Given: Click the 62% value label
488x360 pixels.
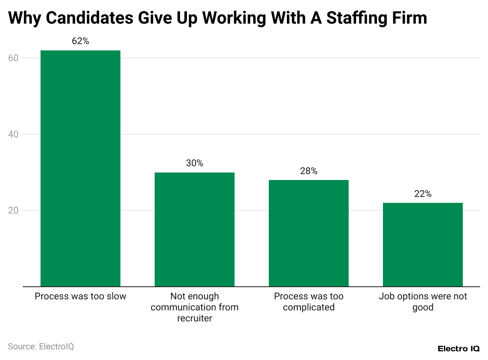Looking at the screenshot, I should pyautogui.click(x=80, y=41).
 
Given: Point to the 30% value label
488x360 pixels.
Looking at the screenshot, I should pyautogui.click(x=194, y=163).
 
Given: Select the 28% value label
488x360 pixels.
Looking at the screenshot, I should pyautogui.click(x=309, y=171).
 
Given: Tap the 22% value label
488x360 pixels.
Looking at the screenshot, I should pyautogui.click(x=423, y=194).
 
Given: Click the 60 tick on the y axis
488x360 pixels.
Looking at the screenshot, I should pyautogui.click(x=14, y=58).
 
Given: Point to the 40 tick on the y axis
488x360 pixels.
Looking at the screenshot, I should pyautogui.click(x=14, y=134).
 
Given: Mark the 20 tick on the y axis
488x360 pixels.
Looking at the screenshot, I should pyautogui.click(x=14, y=210).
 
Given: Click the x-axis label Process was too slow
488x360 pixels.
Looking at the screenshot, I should pyautogui.click(x=80, y=296).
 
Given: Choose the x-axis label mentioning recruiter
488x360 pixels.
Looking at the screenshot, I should pyautogui.click(x=194, y=307).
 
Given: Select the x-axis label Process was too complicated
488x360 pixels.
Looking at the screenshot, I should pyautogui.click(x=309, y=302).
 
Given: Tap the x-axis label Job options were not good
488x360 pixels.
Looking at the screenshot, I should pyautogui.click(x=423, y=302).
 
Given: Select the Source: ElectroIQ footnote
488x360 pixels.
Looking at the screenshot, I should pyautogui.click(x=41, y=347).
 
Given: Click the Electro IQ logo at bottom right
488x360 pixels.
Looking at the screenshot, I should pyautogui.click(x=458, y=349).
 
